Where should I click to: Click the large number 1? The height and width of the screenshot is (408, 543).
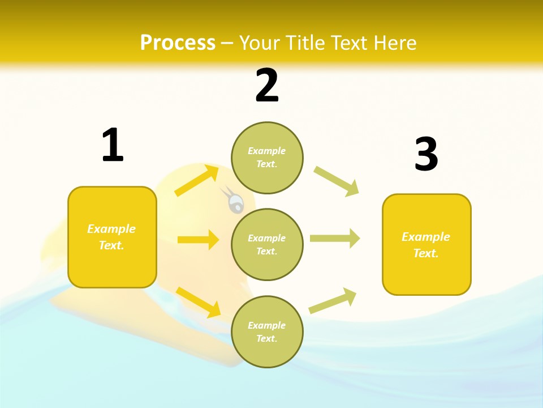coord(113,146)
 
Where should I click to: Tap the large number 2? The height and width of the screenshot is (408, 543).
coord(267,86)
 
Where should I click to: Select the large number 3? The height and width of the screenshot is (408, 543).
coord(426,155)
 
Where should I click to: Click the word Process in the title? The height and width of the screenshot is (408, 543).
coord(178,42)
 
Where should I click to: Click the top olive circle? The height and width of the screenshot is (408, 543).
coord(267,158)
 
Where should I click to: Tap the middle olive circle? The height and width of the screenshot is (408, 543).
coord(267,244)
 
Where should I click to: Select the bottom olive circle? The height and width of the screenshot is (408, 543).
coord(267,331)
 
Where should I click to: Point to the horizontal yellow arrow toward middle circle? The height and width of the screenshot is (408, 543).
coord(198,240)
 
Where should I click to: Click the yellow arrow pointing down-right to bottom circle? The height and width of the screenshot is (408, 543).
coord(198,302)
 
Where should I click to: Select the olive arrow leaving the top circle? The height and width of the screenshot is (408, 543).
coord(336,181)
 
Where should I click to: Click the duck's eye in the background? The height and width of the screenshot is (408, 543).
coord(236,202)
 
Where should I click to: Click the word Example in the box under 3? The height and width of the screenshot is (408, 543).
coord(426,237)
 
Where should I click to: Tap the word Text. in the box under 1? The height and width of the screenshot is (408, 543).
coord(111,245)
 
